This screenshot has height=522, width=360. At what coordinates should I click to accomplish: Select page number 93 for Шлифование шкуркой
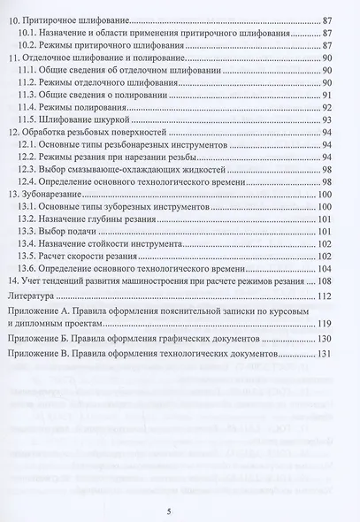[x=326, y=119]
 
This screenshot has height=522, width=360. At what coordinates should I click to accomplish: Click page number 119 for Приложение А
[x=324, y=323]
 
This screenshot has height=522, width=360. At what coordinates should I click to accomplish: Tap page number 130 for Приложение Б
[x=324, y=338]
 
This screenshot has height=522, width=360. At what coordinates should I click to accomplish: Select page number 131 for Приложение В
[x=324, y=353]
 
